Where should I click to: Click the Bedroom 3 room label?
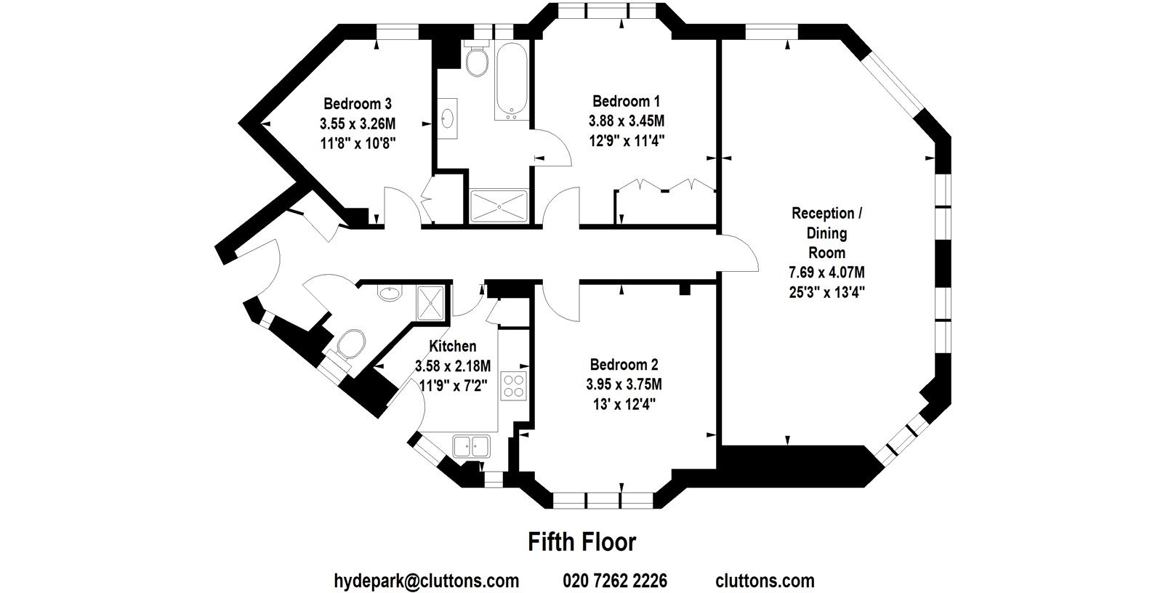pyautogui.click(x=357, y=104)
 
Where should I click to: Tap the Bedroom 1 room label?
pyautogui.click(x=626, y=101)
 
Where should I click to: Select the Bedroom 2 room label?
pyautogui.click(x=624, y=365)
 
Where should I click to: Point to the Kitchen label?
pyautogui.click(x=453, y=347)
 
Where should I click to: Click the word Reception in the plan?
pyautogui.click(x=823, y=214)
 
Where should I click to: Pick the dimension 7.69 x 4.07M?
pyautogui.click(x=826, y=272)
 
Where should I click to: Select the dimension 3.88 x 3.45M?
pyautogui.click(x=626, y=121)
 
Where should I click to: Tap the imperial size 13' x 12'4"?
pyautogui.click(x=624, y=404)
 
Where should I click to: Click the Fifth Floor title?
pyautogui.click(x=582, y=542)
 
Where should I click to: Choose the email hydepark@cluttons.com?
pyautogui.click(x=426, y=581)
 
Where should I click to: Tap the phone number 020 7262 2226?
pyautogui.click(x=615, y=581)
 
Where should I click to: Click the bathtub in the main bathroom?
pyautogui.click(x=512, y=80)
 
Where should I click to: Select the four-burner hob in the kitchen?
pyautogui.click(x=513, y=386)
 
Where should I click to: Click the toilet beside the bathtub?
pyautogui.click(x=477, y=59)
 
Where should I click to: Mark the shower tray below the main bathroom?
pyautogui.click(x=499, y=206)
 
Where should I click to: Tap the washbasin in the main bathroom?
pyautogui.click(x=447, y=119)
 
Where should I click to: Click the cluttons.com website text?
pyautogui.click(x=765, y=581)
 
